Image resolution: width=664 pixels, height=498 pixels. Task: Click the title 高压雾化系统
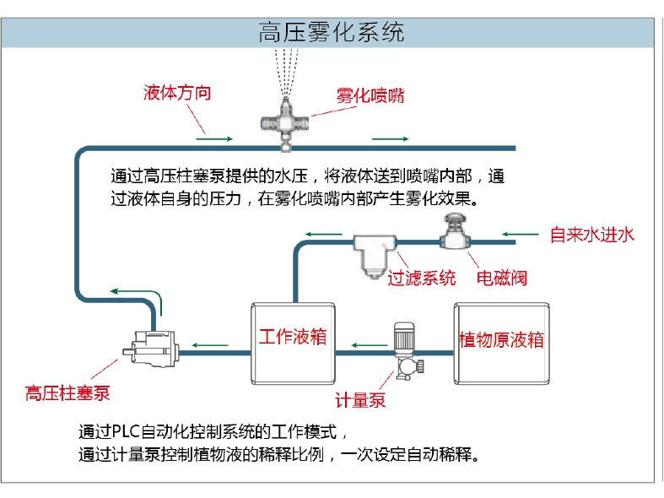(331, 32)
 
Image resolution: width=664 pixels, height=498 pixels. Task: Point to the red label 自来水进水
(591, 235)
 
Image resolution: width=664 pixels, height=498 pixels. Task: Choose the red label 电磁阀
(501, 278)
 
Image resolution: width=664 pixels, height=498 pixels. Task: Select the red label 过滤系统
(421, 278)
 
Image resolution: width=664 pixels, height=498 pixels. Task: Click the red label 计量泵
(360, 400)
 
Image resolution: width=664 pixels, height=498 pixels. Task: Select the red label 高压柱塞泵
(67, 393)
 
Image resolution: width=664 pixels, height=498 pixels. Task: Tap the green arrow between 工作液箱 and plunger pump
(211, 344)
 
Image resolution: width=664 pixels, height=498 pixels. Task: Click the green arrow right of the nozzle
(391, 138)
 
